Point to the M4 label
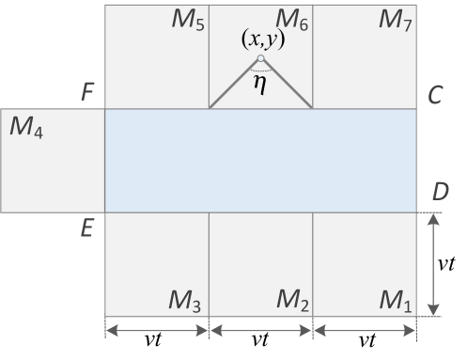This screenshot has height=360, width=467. (26, 126)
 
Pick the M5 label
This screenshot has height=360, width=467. (188, 20)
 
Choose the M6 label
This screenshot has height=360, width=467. (292, 20)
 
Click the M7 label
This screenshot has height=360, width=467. (396, 20)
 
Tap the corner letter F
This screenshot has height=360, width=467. (87, 93)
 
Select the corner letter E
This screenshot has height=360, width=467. (87, 228)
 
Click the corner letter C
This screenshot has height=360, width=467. (434, 95)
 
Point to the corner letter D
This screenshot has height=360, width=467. (440, 192)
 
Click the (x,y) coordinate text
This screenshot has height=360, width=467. (262, 40)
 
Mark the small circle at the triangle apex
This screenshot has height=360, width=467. (260, 59)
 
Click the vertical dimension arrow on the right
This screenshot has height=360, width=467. (433, 264)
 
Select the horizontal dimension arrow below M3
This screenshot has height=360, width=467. (156, 330)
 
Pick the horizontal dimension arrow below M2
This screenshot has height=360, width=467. (260, 330)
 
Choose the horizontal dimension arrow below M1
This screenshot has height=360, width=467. (364, 330)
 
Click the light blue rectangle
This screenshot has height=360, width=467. (260, 160)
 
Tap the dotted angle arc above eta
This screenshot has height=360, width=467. (260, 70)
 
